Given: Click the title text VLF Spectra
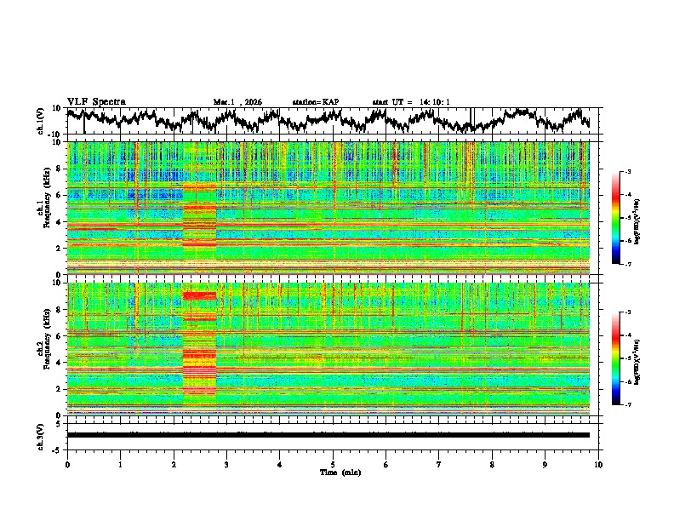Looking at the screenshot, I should point(96,101).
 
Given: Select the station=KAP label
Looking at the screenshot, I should point(315,102).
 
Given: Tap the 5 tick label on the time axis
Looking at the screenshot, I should point(333,464).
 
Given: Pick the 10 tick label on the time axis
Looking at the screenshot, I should point(598,464).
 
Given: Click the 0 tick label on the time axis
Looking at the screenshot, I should point(67,464).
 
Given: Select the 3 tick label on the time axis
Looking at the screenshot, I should point(226,464).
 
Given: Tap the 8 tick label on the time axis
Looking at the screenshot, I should point(492,464).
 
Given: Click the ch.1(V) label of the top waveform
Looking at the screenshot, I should point(41,122).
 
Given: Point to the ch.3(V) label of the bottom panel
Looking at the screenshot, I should point(41,435).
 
